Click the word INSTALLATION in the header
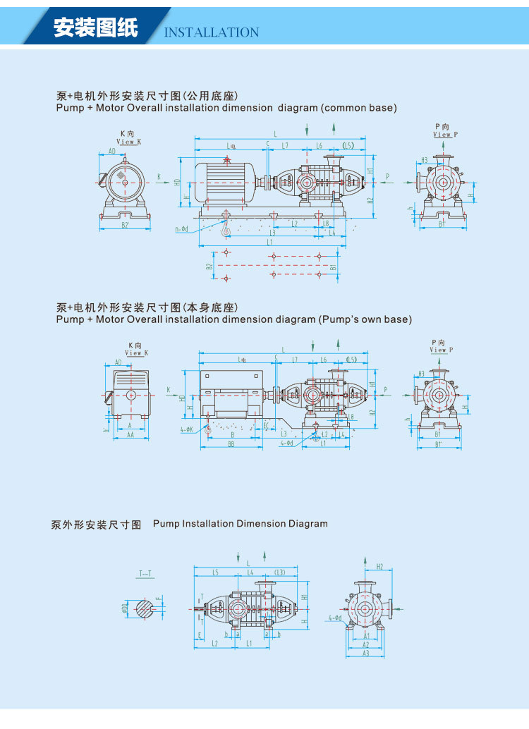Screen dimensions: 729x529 coord(212,32)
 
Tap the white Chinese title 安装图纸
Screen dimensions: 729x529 coord(96,27)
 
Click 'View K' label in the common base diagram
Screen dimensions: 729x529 coord(128,141)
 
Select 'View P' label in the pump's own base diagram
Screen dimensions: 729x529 coord(439,349)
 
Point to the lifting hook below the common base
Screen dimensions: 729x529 coord(226,225)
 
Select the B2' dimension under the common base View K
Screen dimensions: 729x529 coord(125,225)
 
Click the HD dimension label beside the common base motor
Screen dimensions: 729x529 coord(178,182)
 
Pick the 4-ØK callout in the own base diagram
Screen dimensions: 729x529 coord(186,429)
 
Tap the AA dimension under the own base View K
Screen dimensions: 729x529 coord(130,436)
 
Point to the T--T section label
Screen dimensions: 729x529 coord(145,573)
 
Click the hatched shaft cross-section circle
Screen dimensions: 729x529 coord(145,608)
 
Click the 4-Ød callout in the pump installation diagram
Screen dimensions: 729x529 coord(334,618)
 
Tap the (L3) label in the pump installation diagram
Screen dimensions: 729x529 coord(280,572)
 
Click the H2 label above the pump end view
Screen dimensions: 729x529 coord(379,566)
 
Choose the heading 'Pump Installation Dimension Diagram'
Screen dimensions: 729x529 coord(240,524)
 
